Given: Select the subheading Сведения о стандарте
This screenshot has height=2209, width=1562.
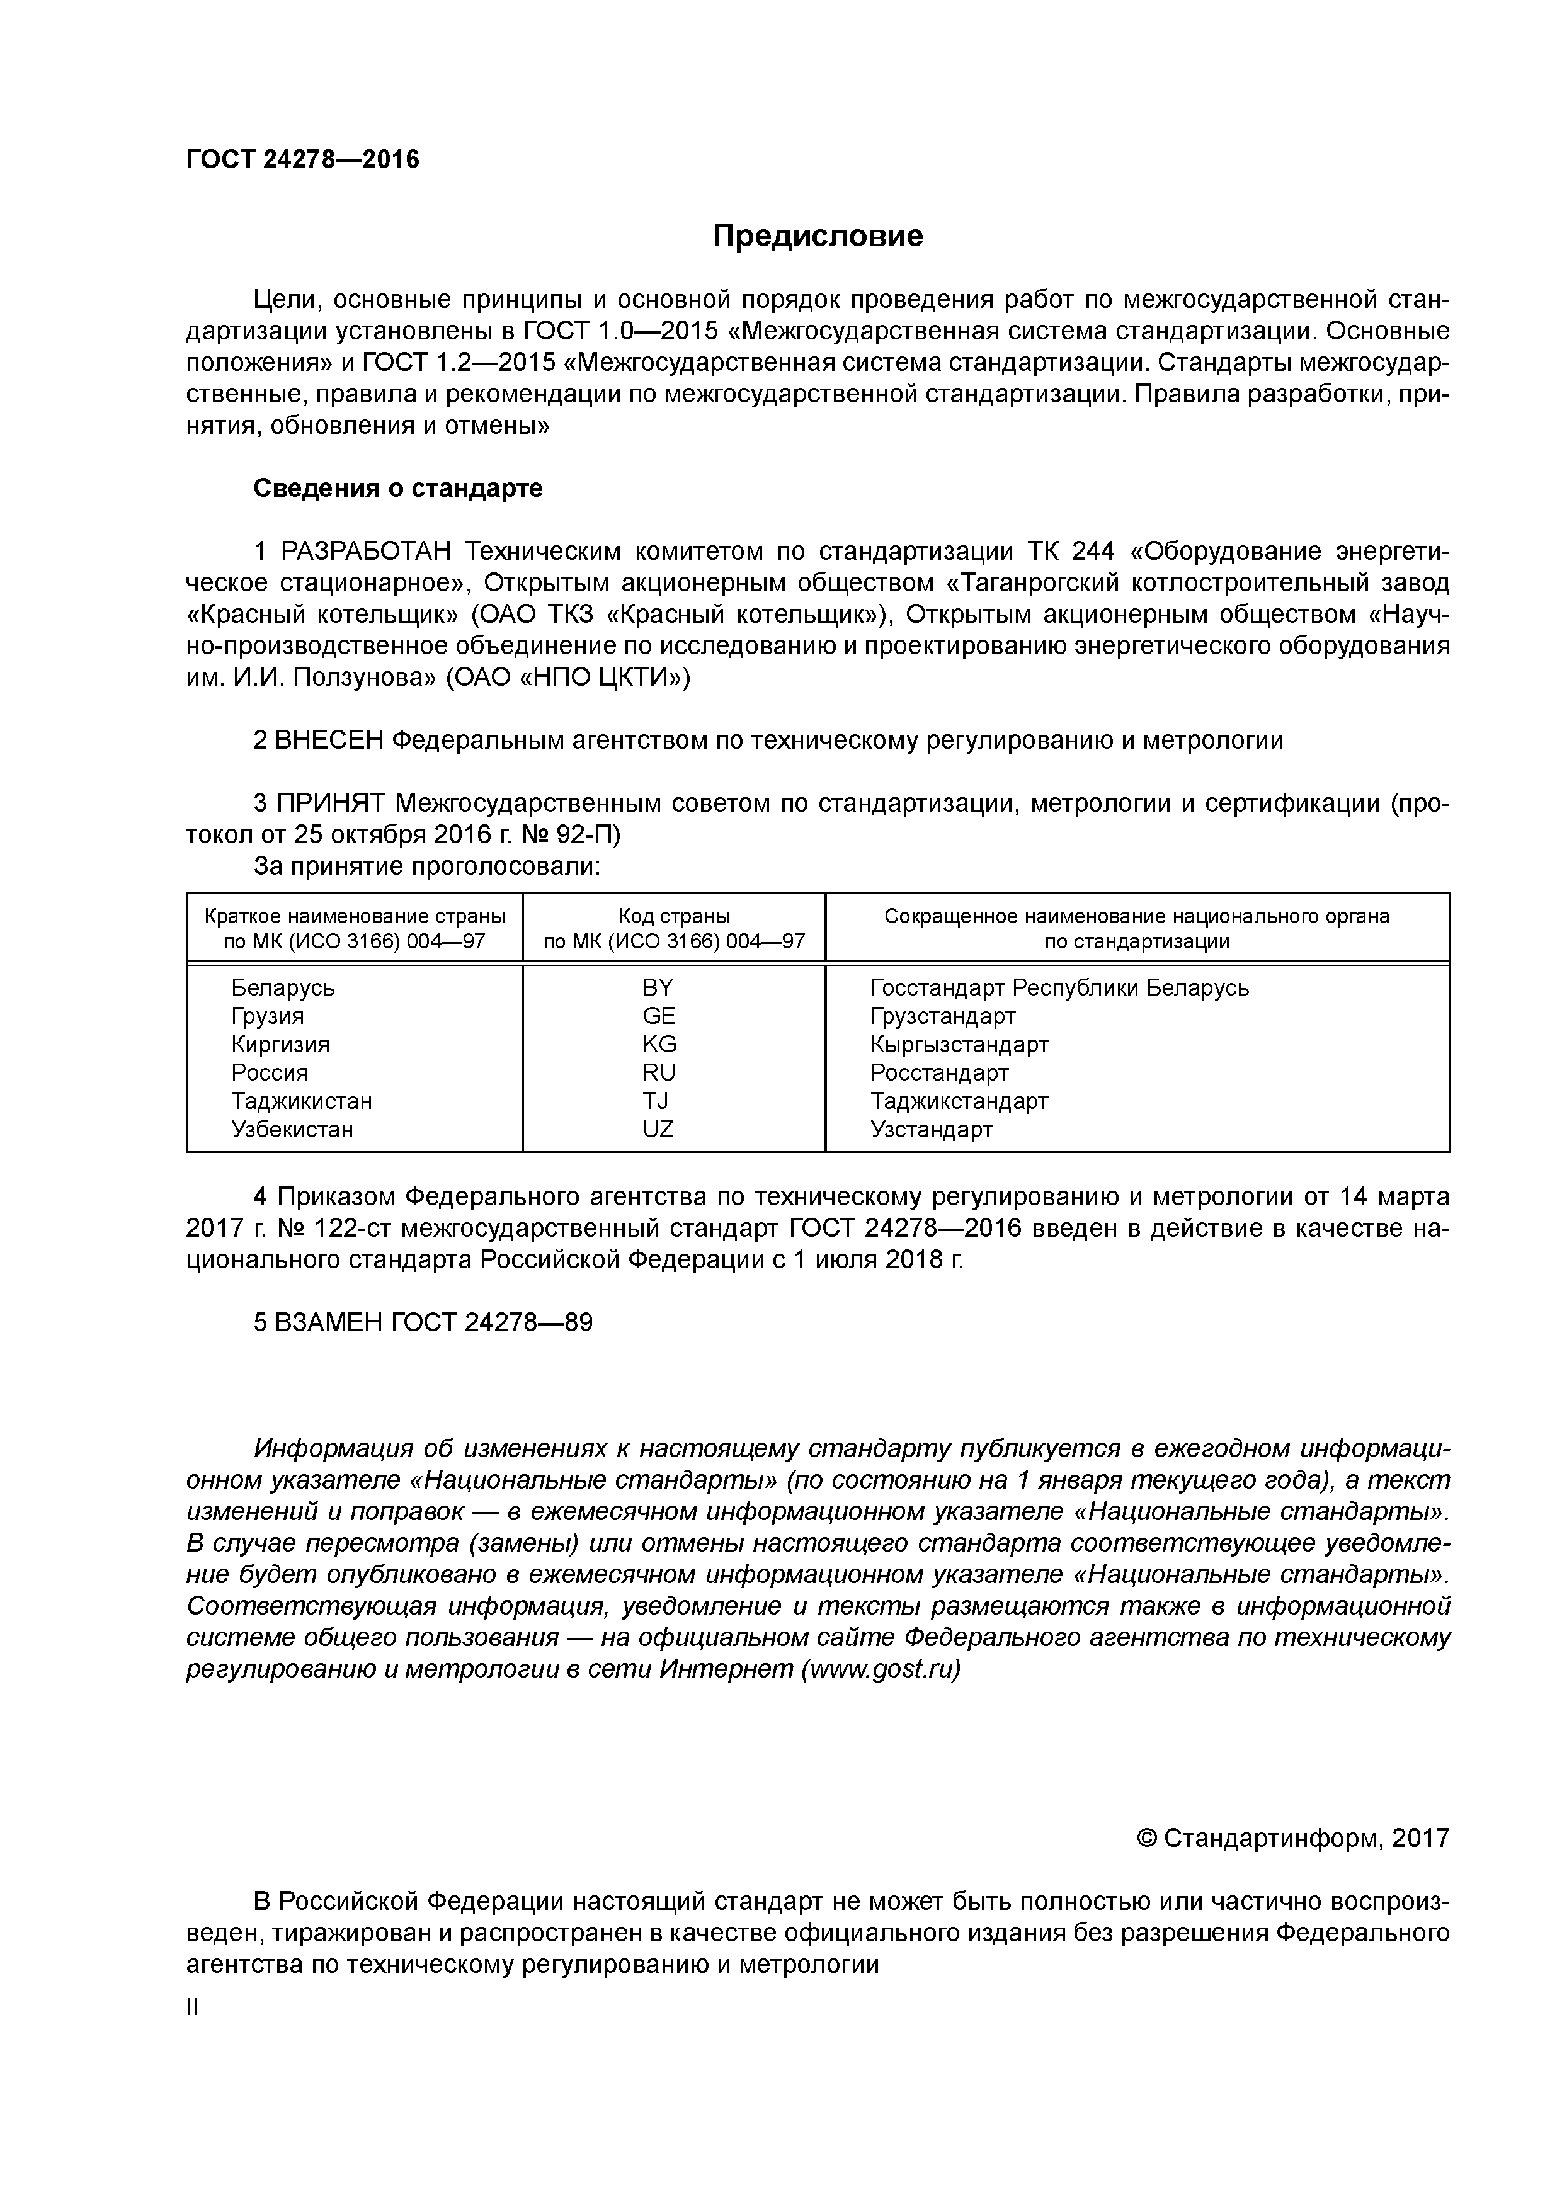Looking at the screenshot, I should point(397,489).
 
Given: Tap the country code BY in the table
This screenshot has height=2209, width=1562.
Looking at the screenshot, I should point(658,988).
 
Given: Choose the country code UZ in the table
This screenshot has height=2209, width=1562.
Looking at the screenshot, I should point(658,1130).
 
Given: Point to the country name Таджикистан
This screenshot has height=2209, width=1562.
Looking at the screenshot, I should point(301,1101).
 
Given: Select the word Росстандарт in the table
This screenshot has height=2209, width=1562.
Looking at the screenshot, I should point(939,1073).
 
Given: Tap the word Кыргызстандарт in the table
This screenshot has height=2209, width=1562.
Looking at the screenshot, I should point(959,1045).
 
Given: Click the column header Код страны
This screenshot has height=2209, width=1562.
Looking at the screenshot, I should point(674,916).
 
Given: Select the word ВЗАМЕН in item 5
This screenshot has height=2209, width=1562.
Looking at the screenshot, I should point(329,1323).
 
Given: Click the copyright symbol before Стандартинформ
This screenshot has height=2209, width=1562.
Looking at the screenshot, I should point(1146,1839).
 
